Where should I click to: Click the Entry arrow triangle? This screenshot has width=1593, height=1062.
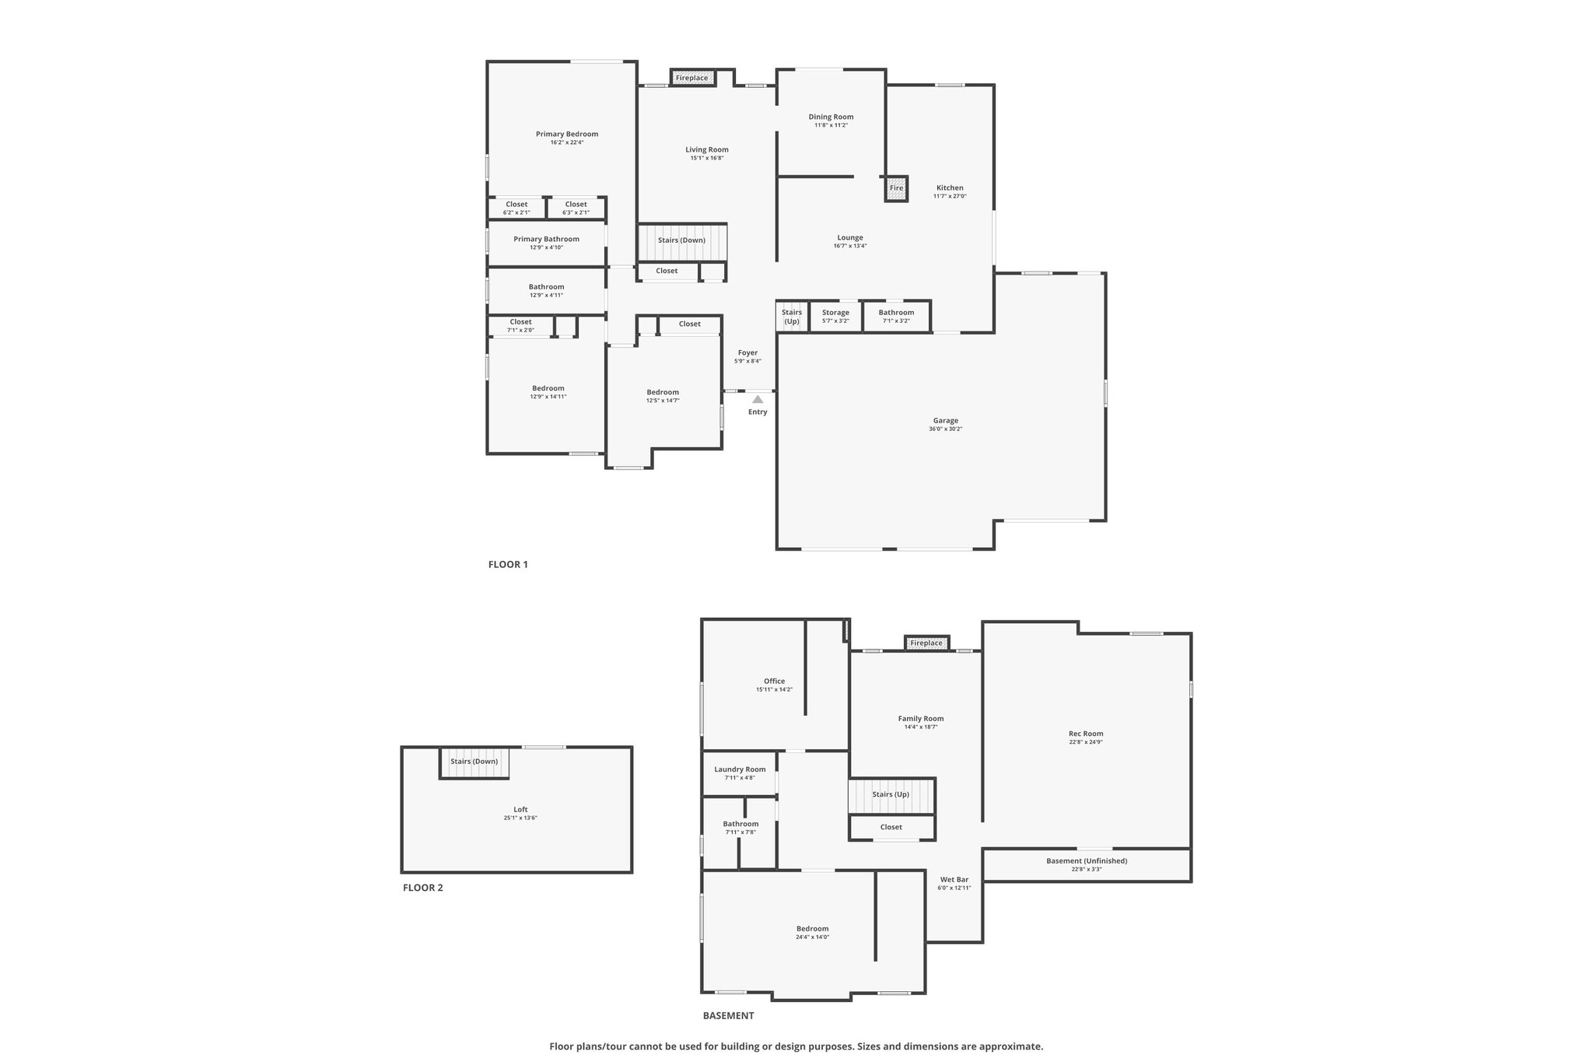pyautogui.click(x=758, y=399)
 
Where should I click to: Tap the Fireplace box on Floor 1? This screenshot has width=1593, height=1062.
pyautogui.click(x=692, y=78)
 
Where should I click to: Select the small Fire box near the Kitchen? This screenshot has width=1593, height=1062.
pyautogui.click(x=896, y=188)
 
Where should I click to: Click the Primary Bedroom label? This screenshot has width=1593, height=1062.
pyautogui.click(x=567, y=134)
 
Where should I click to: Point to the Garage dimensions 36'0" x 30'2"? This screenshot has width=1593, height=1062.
pyautogui.click(x=945, y=429)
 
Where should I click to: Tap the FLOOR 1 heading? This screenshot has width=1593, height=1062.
pyautogui.click(x=508, y=565)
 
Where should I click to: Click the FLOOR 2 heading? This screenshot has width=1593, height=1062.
pyautogui.click(x=423, y=888)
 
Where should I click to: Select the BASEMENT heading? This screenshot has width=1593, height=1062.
pyautogui.click(x=728, y=1015)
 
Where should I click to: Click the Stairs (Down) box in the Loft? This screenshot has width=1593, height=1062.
pyautogui.click(x=474, y=762)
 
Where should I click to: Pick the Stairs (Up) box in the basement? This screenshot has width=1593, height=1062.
pyautogui.click(x=891, y=795)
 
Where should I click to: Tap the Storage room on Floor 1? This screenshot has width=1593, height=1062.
pyautogui.click(x=836, y=317)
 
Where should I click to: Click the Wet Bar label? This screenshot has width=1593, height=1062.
pyautogui.click(x=954, y=879)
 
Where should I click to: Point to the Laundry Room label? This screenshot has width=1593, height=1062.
pyautogui.click(x=740, y=769)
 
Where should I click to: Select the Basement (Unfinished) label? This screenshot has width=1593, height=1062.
pyautogui.click(x=1087, y=860)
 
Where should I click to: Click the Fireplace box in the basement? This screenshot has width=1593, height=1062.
pyautogui.click(x=926, y=643)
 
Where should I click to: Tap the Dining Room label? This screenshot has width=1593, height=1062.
pyautogui.click(x=831, y=117)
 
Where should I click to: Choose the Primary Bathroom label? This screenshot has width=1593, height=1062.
pyautogui.click(x=546, y=239)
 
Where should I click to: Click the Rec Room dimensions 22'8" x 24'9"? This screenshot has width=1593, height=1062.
pyautogui.click(x=1086, y=742)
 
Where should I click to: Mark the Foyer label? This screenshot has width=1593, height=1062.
pyautogui.click(x=747, y=352)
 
